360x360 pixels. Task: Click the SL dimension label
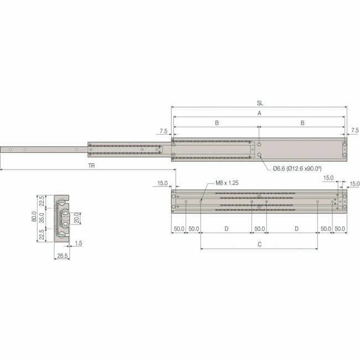tap(260, 103)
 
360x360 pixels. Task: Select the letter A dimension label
tap(259, 113)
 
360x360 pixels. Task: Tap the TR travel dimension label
tap(91, 166)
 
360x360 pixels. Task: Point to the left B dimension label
tap(217, 123)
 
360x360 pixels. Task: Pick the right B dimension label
tap(302, 123)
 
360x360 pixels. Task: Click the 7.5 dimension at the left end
tap(163, 131)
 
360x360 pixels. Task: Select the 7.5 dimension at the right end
tap(354, 130)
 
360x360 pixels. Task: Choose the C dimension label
tap(259, 243)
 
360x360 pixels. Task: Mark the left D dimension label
tap(227, 228)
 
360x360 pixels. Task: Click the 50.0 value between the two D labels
tap(259, 228)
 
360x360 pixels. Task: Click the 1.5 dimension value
tap(80, 243)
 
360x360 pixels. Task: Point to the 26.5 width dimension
tap(62, 255)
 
